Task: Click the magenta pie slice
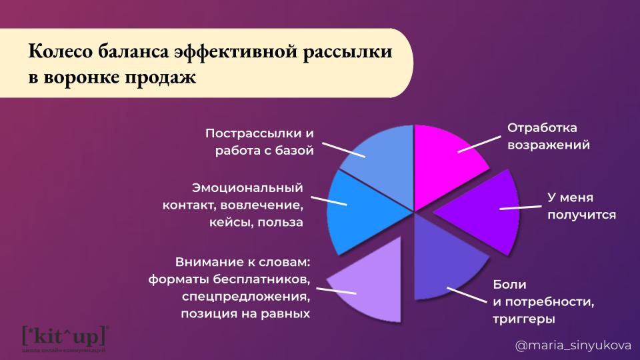[x=445, y=163]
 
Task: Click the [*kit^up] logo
[x=66, y=337]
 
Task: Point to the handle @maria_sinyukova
[x=573, y=346]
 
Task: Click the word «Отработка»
[x=542, y=128]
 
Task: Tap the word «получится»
[x=581, y=215]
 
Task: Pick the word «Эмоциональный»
[x=248, y=188]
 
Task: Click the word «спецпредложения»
[x=246, y=297]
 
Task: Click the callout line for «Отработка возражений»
[x=479, y=145]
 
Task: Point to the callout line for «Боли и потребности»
[x=467, y=295]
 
